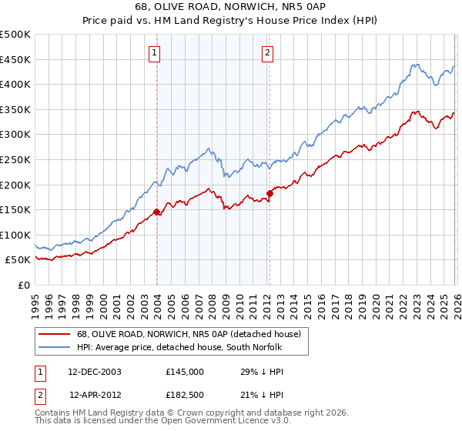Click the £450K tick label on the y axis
tap(15, 59)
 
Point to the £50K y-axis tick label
tap(18, 260)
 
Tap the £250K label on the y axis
tap(15, 159)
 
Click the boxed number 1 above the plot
tap(155, 53)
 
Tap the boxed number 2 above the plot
tap(267, 53)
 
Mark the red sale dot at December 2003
tap(156, 212)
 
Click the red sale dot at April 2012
tap(269, 193)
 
